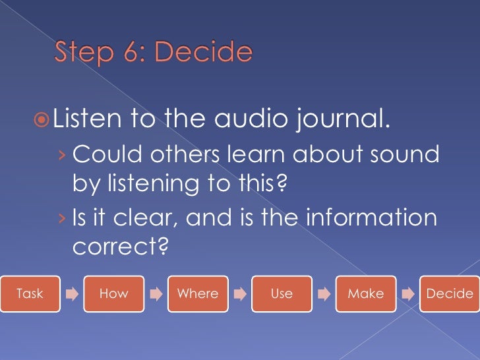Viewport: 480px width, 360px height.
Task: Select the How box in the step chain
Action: point(113,294)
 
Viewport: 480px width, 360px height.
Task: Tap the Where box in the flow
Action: point(198,294)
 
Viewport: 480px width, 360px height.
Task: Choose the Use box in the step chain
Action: point(282,294)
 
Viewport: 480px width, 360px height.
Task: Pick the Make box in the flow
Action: point(365,294)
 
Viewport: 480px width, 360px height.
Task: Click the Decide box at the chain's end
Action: point(449,294)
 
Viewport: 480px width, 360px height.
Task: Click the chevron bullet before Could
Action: point(61,156)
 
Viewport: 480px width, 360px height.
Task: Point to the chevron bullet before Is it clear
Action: point(61,218)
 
